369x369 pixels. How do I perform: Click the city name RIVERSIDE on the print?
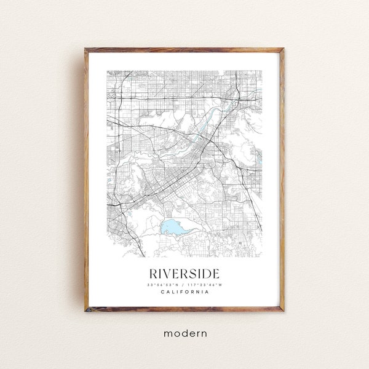184,272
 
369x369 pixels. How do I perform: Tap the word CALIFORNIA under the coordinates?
184,292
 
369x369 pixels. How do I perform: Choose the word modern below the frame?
184,333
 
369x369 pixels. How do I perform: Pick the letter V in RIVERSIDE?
168,272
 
